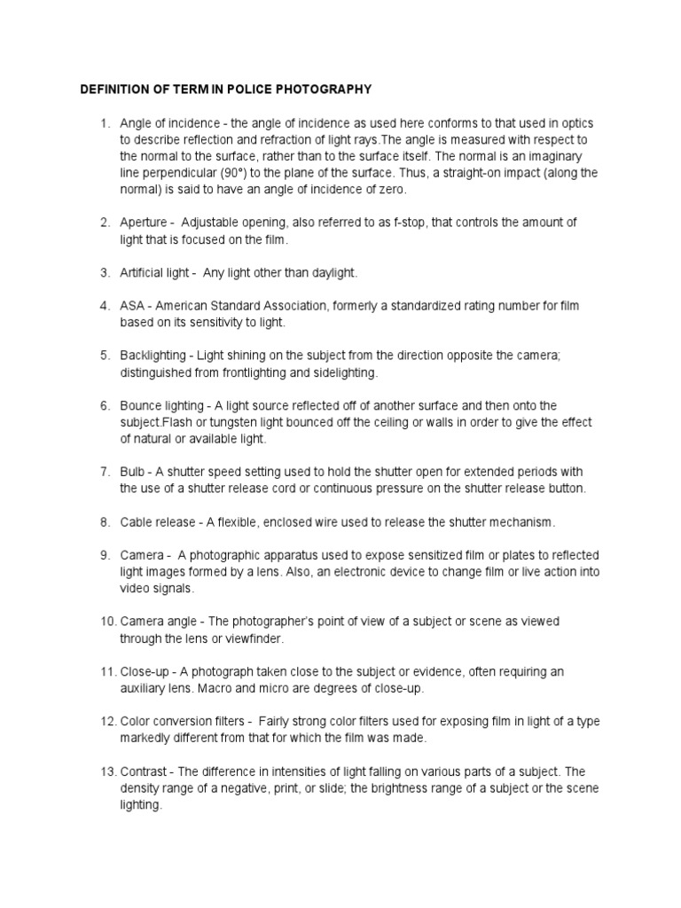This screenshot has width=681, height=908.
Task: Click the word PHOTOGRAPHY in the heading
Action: pyautogui.click(x=328, y=90)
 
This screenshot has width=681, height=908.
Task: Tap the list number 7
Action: pyautogui.click(x=105, y=472)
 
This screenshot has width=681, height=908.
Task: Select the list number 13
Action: pyautogui.click(x=106, y=771)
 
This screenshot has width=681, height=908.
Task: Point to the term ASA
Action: pyautogui.click(x=132, y=306)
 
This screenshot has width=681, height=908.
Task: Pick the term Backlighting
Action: pyautogui.click(x=153, y=356)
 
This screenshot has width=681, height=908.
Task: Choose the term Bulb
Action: pyautogui.click(x=132, y=472)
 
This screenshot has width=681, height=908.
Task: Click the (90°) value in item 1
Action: pyautogui.click(x=247, y=173)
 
